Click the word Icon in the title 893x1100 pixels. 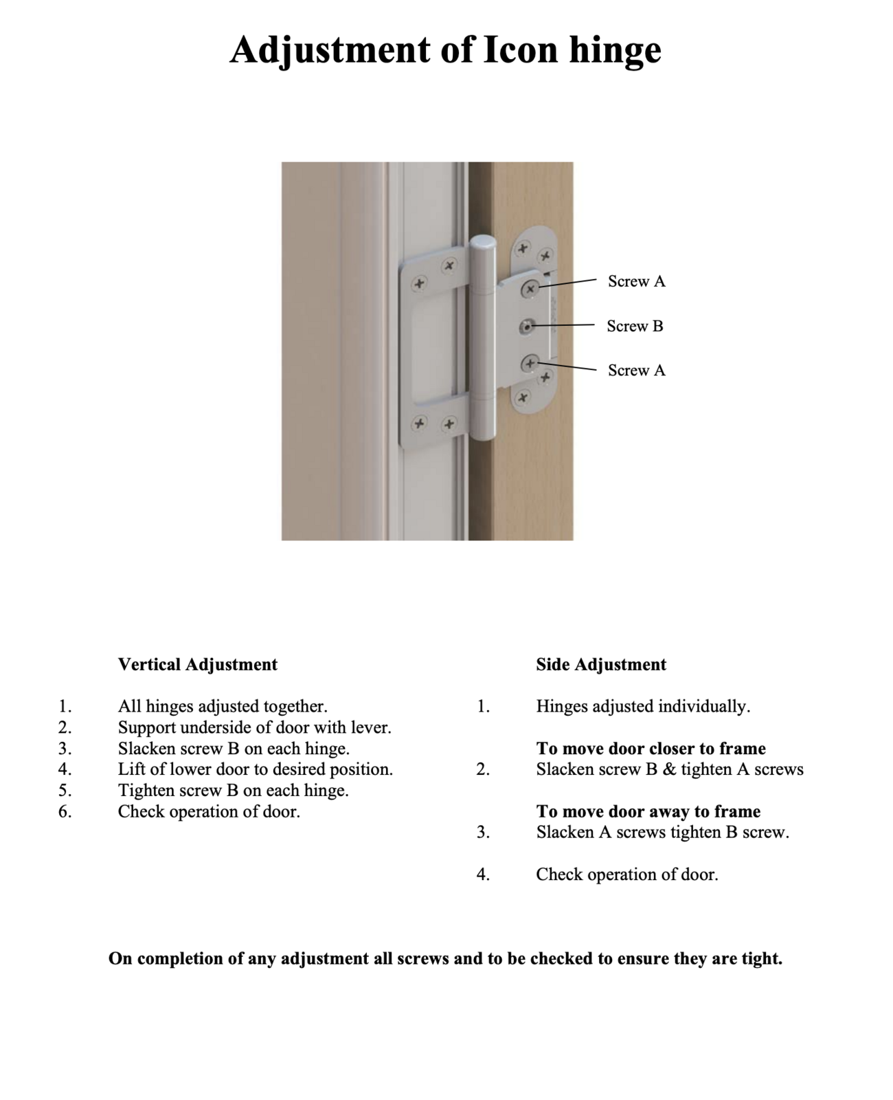tap(521, 49)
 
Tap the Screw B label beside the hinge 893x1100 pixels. tap(635, 326)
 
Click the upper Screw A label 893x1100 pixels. tap(636, 281)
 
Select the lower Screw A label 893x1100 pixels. tap(636, 371)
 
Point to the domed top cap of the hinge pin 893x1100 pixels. tap(483, 244)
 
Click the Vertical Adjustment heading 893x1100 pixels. tap(198, 665)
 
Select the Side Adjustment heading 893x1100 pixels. tap(601, 665)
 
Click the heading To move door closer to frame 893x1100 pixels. tap(651, 749)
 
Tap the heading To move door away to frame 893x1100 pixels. tap(648, 812)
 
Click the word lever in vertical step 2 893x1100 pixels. tap(372, 727)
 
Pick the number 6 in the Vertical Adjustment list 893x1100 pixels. tap(65, 812)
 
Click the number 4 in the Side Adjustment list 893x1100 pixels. tap(483, 874)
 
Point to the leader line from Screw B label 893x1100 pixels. tap(563, 324)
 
